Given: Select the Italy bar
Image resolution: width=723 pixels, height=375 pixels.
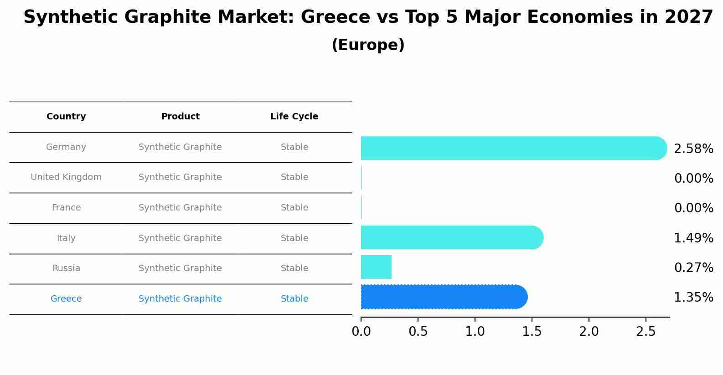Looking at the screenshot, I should tap(451, 237).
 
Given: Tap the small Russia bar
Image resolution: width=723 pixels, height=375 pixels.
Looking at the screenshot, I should tap(376, 267).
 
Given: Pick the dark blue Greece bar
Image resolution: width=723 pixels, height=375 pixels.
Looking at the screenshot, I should tap(443, 297).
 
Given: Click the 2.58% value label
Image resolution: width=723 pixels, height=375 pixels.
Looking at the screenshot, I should tap(693, 149).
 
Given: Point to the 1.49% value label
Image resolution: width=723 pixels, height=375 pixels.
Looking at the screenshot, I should tap(693, 238).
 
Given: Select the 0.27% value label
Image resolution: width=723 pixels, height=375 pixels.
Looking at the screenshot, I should tap(693, 268).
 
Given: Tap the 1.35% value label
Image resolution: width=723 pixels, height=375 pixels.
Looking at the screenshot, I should tap(693, 298).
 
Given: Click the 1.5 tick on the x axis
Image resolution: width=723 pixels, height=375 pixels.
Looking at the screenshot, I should tap(532, 332).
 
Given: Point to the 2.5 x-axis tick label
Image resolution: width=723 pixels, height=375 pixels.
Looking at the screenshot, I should tap(646, 332).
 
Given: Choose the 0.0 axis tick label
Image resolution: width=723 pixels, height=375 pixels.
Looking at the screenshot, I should tap(361, 332).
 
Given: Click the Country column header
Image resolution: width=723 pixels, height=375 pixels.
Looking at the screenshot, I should tap(66, 117).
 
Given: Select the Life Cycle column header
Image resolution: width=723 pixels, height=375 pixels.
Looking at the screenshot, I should tap(294, 117).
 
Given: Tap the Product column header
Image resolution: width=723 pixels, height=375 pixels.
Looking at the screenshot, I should tap(180, 117).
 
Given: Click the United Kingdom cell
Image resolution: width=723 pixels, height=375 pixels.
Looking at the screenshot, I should tap(66, 177).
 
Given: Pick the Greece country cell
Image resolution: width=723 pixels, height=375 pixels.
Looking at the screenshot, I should tap(66, 299).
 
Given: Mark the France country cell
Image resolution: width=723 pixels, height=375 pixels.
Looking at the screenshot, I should tap(66, 208).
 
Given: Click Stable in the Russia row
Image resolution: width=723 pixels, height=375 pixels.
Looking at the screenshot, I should tap(294, 268).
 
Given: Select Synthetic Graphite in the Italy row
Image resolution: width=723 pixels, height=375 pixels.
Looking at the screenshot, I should tap(180, 238).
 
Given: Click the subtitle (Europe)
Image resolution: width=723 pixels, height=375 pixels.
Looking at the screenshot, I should tap(368, 45).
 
